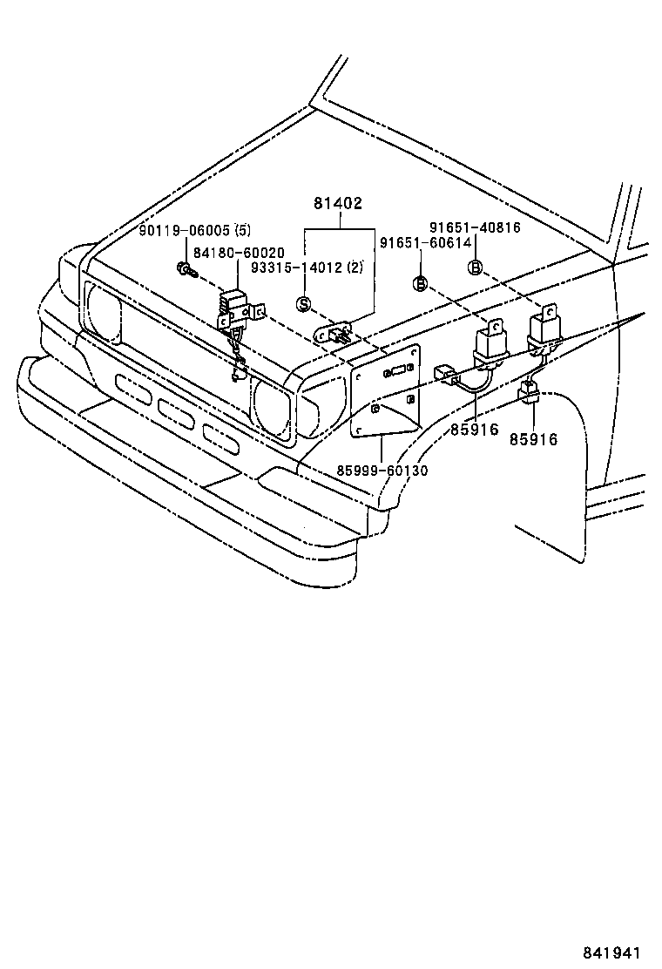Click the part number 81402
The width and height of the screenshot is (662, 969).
point(338,204)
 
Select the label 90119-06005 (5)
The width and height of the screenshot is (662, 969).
point(195,230)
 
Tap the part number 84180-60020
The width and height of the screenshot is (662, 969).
point(238,252)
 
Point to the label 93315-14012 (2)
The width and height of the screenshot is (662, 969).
point(307,268)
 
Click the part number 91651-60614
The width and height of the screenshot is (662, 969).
point(424,243)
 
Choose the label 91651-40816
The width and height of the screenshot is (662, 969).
point(475,227)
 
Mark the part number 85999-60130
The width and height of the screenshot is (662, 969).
point(382,471)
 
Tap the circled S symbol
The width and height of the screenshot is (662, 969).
point(304,303)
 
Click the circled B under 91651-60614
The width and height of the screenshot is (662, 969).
point(420,283)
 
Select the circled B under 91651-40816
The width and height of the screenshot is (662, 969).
point(475,268)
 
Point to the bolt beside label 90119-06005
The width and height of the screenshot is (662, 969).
point(185,270)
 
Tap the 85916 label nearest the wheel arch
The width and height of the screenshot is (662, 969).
point(533,439)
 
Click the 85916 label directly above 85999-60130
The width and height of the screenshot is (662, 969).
point(475,430)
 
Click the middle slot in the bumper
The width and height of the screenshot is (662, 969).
point(177,410)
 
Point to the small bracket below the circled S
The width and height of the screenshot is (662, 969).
point(334,332)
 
